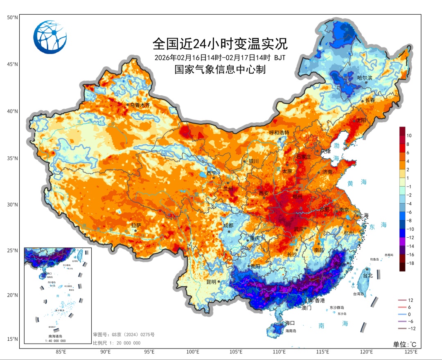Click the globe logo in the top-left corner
point(50,37)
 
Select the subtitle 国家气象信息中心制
point(220,70)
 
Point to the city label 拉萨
point(136,225)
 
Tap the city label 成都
point(228,225)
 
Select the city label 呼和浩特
point(279,133)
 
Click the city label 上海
point(363,216)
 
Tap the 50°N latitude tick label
point(12,18)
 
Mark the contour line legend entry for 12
point(410,300)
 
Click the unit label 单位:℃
point(404,344)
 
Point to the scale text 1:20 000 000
point(117,343)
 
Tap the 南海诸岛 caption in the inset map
point(57,336)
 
